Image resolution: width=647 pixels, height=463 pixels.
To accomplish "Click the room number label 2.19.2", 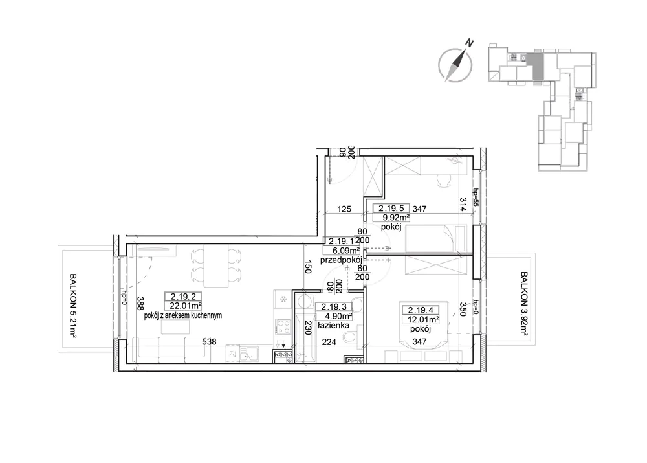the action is [183, 296].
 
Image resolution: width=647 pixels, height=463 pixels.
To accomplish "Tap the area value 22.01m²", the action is [185, 306].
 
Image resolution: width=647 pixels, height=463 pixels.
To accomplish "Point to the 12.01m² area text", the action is [422, 319].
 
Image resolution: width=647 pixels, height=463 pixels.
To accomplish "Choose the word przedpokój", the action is [341, 260].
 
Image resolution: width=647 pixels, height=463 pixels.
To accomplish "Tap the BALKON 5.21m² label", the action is [73, 305].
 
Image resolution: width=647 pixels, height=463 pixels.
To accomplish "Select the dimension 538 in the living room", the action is [209, 342].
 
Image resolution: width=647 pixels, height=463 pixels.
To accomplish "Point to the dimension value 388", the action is [140, 304].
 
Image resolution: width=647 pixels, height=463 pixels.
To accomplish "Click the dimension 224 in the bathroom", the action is [329, 342].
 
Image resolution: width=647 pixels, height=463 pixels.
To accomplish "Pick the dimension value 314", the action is [463, 205].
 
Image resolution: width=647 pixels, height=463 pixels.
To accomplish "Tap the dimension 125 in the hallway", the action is [344, 209].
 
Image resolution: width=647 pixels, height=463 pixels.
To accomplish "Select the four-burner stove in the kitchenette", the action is [283, 327].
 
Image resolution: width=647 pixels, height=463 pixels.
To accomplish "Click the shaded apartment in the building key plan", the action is [537, 67].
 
